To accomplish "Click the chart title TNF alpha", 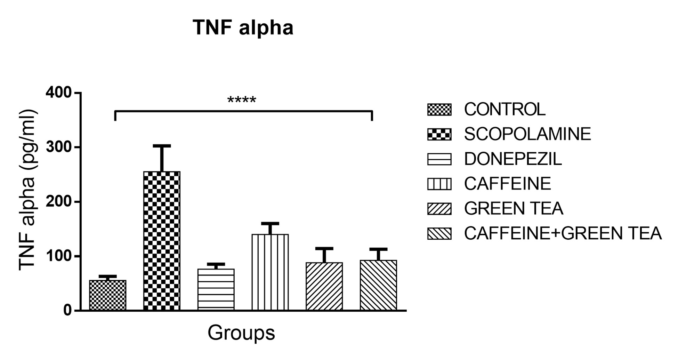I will (x=243, y=28).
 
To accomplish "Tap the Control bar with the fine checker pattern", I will (x=108, y=295).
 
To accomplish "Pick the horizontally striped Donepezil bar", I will (x=216, y=289).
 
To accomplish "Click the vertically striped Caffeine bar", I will (x=270, y=272).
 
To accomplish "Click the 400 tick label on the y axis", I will (x=58, y=93).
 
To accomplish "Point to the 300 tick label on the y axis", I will (x=58, y=147).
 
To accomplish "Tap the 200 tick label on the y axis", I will (x=58, y=202).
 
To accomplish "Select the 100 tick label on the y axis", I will (x=58, y=256).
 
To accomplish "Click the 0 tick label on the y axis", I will (x=67, y=311).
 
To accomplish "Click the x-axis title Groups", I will (x=241, y=333).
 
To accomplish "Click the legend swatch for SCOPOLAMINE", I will (x=439, y=134).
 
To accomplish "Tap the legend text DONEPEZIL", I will (x=513, y=159).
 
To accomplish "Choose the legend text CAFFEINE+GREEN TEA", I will (x=563, y=233).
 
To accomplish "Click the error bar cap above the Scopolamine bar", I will (x=162, y=146).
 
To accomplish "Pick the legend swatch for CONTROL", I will (x=439, y=110).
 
